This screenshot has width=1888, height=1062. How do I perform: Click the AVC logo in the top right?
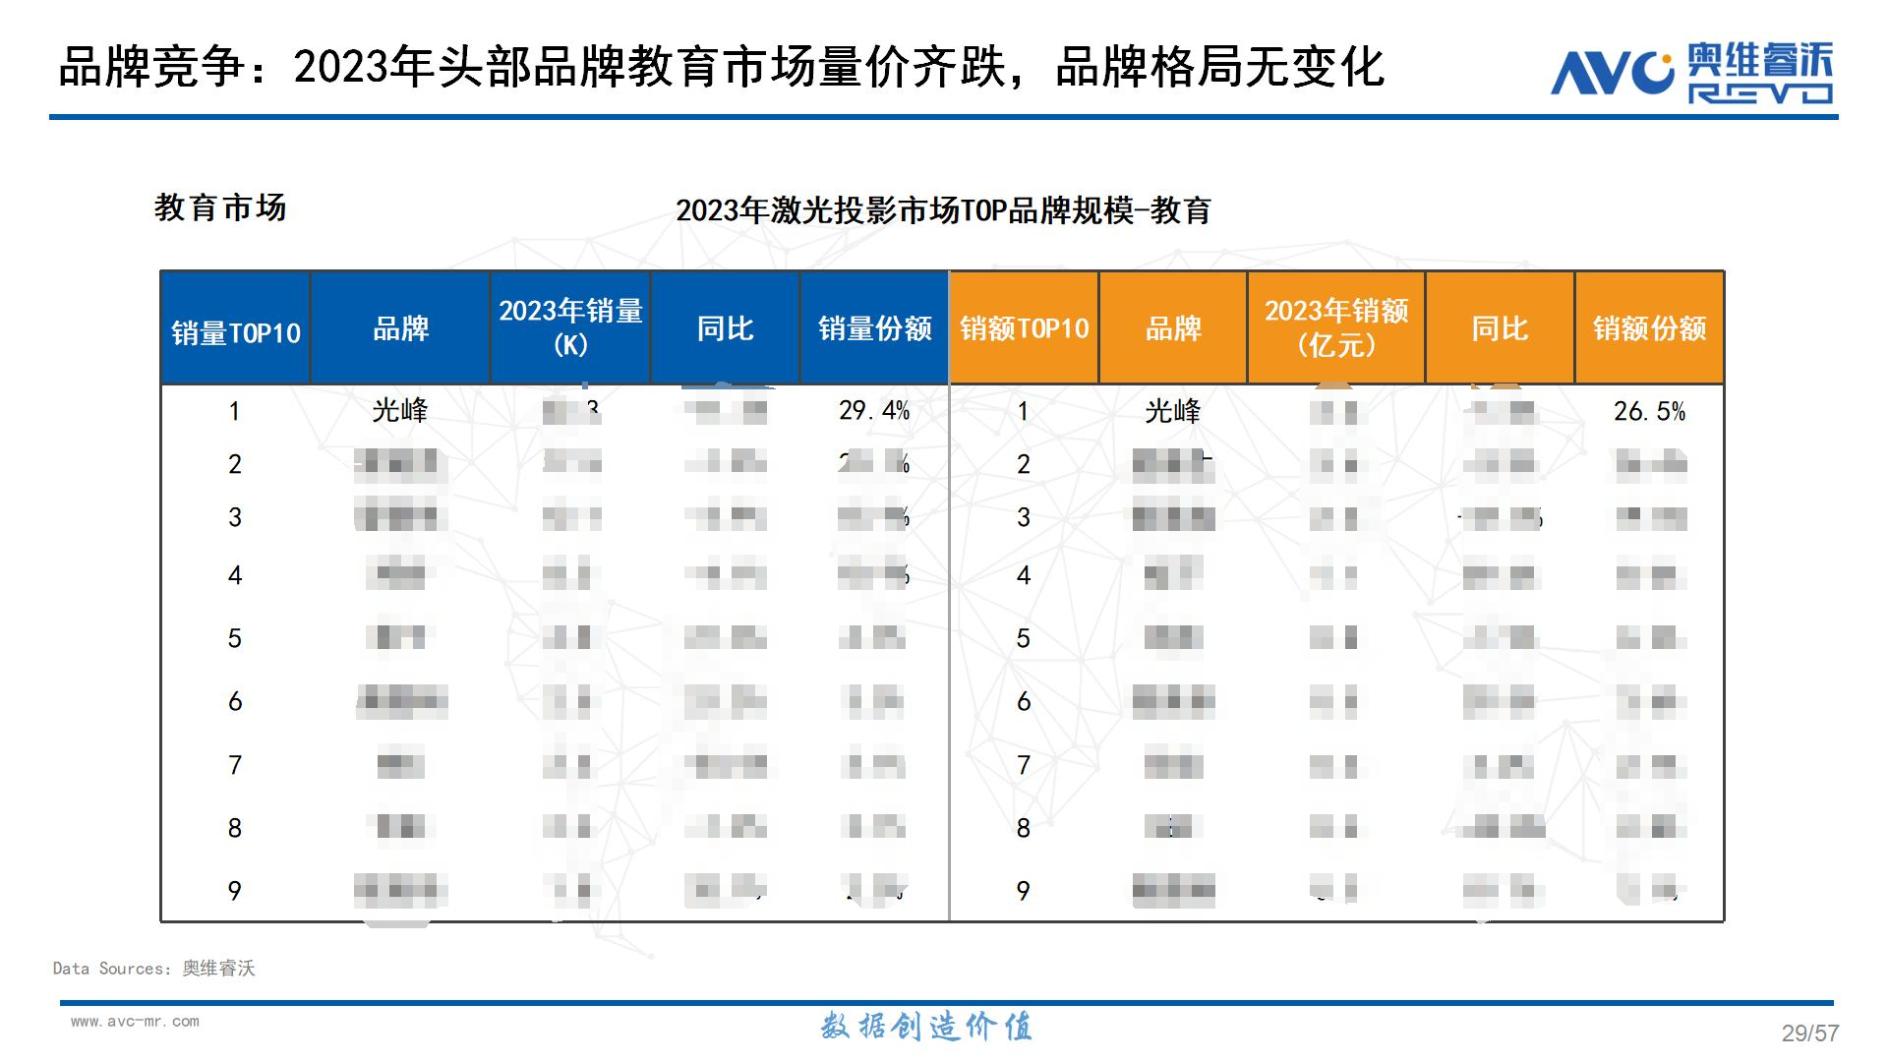pos(1691,71)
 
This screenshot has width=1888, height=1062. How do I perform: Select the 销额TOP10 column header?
pos(1024,328)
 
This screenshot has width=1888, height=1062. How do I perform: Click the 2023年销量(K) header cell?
pos(570,327)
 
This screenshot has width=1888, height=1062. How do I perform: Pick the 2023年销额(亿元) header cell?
pos(1336,327)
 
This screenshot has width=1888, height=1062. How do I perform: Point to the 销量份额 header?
pos(874,328)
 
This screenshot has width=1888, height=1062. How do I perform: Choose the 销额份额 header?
pos(1649,328)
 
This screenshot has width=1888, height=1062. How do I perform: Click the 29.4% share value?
pos(874,411)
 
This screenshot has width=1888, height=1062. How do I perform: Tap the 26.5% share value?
pos(1649,411)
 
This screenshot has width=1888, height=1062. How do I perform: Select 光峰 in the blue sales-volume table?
pos(400,411)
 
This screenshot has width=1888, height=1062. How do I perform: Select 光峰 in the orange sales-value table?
pos(1173,411)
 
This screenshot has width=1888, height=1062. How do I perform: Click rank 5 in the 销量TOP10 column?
pos(235,638)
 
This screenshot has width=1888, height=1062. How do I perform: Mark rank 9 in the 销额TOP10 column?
pos(1024,891)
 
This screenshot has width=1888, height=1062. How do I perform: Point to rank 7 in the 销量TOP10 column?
pos(235,765)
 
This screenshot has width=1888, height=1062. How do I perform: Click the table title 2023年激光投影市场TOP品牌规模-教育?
pos(943,210)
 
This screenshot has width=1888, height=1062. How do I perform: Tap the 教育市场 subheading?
pos(220,207)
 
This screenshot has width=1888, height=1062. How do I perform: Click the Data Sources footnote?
pos(154,969)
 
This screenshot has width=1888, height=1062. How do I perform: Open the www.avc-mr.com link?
pos(135,1022)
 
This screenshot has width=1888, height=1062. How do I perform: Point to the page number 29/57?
pos(1809,1032)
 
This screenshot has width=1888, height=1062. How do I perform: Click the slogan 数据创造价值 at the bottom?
pos(926,1027)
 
